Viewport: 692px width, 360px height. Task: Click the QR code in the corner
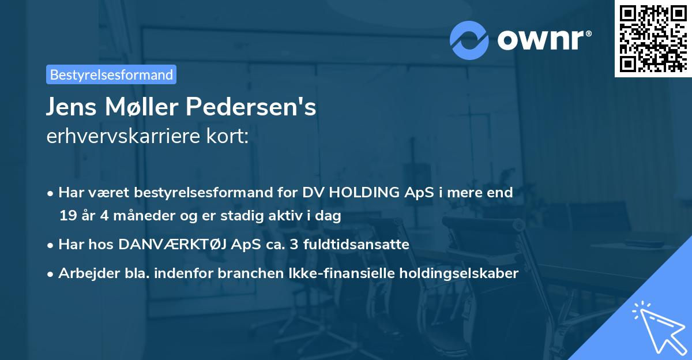653,39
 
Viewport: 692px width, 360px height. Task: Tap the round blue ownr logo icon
469,39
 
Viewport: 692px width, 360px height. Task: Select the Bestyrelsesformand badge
111,74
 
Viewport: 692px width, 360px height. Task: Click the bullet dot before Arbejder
51,274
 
